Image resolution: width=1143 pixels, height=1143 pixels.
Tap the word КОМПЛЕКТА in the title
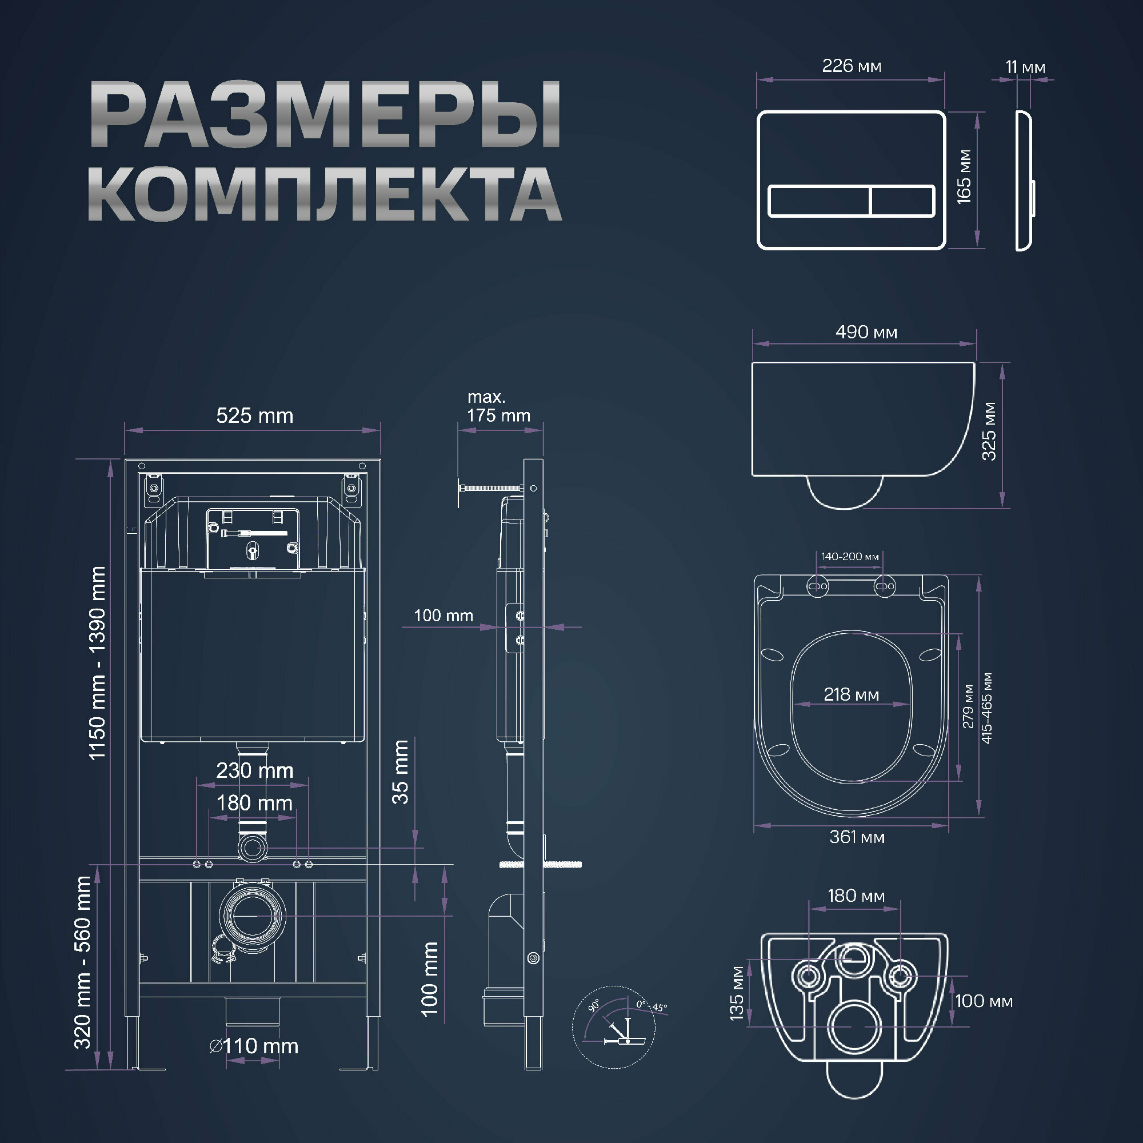click(x=325, y=195)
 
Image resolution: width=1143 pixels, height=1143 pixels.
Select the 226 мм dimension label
click(x=852, y=66)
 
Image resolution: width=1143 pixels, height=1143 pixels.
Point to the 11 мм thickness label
click(x=1025, y=67)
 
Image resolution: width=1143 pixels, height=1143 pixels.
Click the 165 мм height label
click(x=964, y=177)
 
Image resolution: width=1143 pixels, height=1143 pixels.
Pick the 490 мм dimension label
click(x=866, y=332)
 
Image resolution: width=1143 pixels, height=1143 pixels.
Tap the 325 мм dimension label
click(x=989, y=431)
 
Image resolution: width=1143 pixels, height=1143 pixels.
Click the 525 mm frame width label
click(x=254, y=415)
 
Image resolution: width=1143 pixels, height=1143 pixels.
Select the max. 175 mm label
click(x=498, y=406)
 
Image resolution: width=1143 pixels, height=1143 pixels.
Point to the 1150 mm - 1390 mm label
click(x=97, y=662)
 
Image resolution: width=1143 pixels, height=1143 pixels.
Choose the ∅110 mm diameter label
click(x=254, y=1046)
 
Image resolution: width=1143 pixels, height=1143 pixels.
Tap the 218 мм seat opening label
click(x=852, y=694)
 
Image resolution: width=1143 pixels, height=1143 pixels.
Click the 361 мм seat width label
click(x=857, y=837)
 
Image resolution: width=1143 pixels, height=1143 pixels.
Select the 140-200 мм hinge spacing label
click(x=850, y=557)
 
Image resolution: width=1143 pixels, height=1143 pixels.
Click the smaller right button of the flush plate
click(x=902, y=201)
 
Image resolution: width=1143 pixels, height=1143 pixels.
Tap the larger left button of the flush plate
click(x=819, y=201)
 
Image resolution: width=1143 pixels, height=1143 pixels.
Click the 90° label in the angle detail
click(x=594, y=1005)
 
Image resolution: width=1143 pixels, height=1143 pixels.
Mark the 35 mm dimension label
click(x=401, y=772)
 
